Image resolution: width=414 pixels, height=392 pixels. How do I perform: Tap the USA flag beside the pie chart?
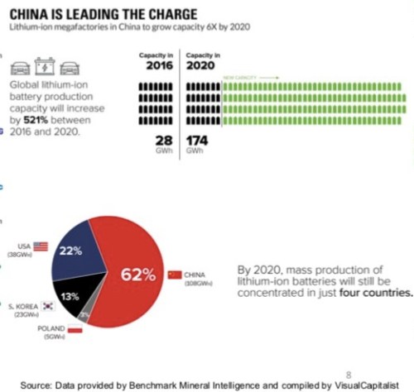pos(41,246)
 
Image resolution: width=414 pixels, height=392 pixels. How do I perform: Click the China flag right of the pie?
pos(174,274)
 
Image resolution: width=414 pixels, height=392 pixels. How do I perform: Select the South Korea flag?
pos(48,306)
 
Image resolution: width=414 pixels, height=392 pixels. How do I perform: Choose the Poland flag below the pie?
pos(75,330)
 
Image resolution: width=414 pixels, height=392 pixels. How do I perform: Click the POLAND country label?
pos(51,329)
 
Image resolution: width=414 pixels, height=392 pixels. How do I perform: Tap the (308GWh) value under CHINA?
pos(196,281)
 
